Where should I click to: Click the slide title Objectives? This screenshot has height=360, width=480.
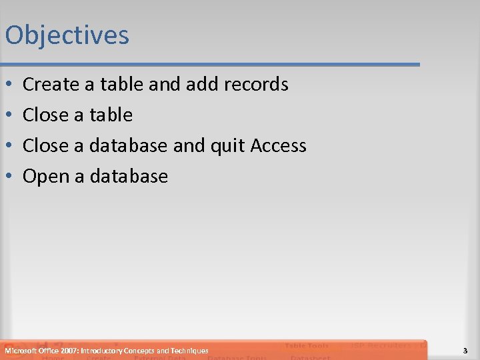click(67, 35)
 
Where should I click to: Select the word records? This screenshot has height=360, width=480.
click(257, 85)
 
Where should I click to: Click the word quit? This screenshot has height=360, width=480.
click(228, 146)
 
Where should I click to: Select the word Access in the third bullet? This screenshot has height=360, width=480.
click(279, 146)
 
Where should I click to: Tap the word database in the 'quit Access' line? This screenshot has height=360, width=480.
click(129, 146)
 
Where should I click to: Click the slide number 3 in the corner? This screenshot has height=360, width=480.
click(465, 351)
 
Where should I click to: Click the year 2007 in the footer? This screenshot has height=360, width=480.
click(67, 351)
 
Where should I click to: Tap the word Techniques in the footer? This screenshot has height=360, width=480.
click(189, 351)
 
